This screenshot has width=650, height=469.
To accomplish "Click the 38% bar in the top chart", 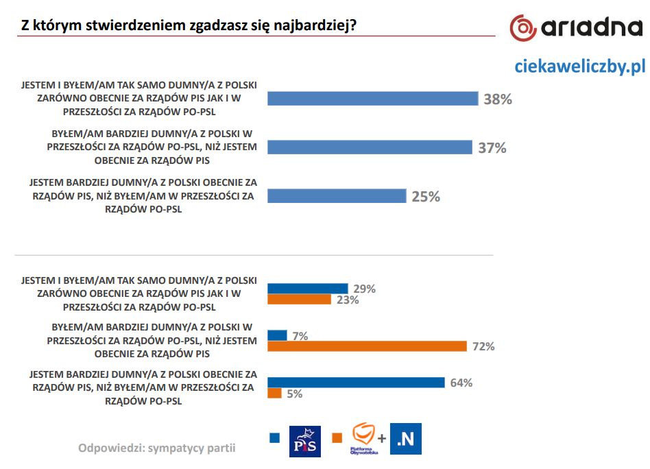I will pyautogui.click(x=372, y=99).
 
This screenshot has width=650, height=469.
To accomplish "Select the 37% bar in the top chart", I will pyautogui.click(x=370, y=147).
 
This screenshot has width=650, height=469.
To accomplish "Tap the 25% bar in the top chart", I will pyautogui.click(x=337, y=196).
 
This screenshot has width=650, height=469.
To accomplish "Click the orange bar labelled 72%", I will pyautogui.click(x=367, y=347).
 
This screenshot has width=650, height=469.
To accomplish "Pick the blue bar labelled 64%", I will pyautogui.click(x=356, y=383).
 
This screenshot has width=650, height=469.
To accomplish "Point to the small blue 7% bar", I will pyautogui.click(x=277, y=335).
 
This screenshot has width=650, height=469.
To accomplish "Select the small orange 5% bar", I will pyautogui.click(x=274, y=394).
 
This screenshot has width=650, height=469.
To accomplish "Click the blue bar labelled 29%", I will pyautogui.click(x=308, y=289).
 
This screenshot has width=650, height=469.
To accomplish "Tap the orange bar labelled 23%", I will pyautogui.click(x=299, y=300).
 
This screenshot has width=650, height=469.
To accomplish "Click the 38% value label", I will pyautogui.click(x=498, y=99).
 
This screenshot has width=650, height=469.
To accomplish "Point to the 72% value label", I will pyautogui.click(x=483, y=347).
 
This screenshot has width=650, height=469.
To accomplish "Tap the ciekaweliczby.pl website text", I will pyautogui.click(x=580, y=66).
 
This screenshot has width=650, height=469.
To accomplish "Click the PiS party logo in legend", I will pyautogui.click(x=305, y=440).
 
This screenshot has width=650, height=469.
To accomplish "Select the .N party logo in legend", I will pyautogui.click(x=406, y=440).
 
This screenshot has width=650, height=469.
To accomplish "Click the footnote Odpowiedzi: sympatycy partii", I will pyautogui.click(x=157, y=448).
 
